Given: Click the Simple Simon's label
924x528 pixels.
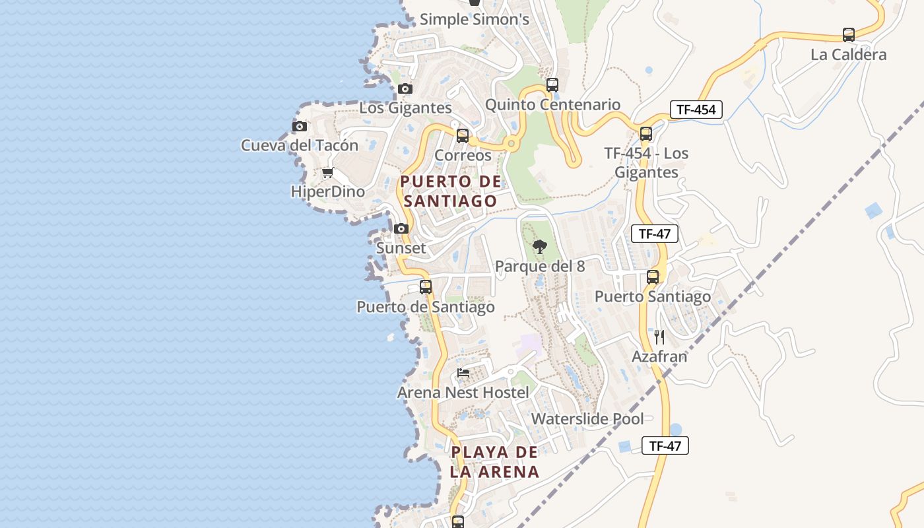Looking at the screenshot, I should pyautogui.click(x=475, y=20).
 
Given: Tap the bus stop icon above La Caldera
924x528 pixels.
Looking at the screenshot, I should pyautogui.click(x=849, y=35).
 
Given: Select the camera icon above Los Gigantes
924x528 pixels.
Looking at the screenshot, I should pyautogui.click(x=405, y=88).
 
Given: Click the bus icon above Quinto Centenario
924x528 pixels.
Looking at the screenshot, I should pyautogui.click(x=552, y=85).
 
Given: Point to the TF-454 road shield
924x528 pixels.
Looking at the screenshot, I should pyautogui.click(x=696, y=110).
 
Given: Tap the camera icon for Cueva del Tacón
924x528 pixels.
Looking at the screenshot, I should pyautogui.click(x=300, y=126).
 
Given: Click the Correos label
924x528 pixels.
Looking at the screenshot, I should pyautogui.click(x=463, y=155).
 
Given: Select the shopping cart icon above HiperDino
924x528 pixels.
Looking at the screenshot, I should pyautogui.click(x=327, y=173).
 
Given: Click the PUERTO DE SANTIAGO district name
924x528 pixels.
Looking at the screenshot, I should pyautogui.click(x=451, y=191).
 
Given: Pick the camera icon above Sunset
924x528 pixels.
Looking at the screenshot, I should pyautogui.click(x=401, y=229).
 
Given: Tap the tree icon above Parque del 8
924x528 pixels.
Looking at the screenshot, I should pyautogui.click(x=540, y=247).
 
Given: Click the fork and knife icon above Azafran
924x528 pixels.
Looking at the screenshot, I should pyautogui.click(x=659, y=337).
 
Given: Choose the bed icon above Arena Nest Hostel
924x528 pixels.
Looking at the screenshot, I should pyautogui.click(x=463, y=373).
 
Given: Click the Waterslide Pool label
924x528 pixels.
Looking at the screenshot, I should pyautogui.click(x=587, y=418).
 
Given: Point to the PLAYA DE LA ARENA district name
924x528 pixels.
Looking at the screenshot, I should pyautogui.click(x=495, y=462).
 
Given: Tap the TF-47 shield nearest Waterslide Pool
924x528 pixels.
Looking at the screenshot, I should pyautogui.click(x=665, y=445).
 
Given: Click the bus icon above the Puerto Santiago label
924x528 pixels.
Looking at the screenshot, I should pyautogui.click(x=653, y=277).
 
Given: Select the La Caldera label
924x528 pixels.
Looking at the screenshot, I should pyautogui.click(x=848, y=55).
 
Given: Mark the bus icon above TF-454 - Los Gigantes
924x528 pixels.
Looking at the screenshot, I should pyautogui.click(x=646, y=134).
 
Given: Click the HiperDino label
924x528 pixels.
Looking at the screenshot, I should pyautogui.click(x=327, y=191).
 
